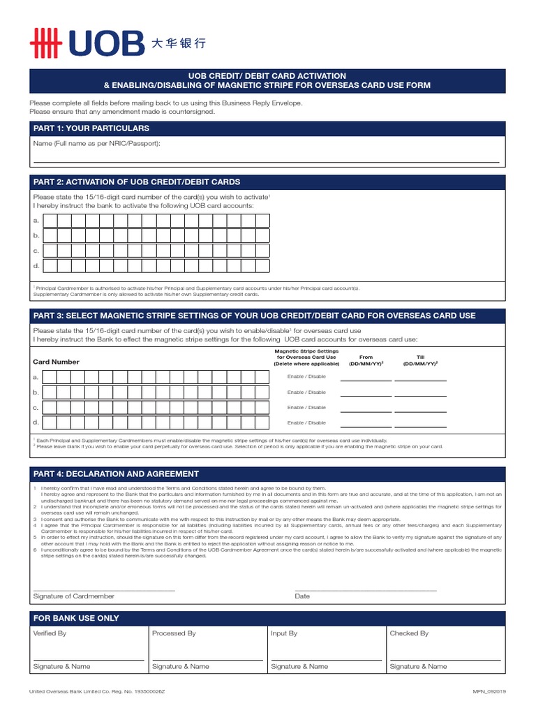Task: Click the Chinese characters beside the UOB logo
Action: pyautogui.click(x=179, y=43)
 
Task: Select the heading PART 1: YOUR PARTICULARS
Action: pyautogui.click(x=91, y=128)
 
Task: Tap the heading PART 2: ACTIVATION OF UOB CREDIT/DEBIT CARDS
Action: pyautogui.click(x=137, y=182)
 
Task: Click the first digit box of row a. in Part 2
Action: pyautogui.click(x=50, y=221)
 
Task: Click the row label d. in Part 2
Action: pyautogui.click(x=36, y=266)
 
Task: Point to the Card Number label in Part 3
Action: pyautogui.click(x=57, y=362)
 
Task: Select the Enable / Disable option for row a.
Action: pyautogui.click(x=306, y=377)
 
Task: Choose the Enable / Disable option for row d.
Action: pyautogui.click(x=306, y=422)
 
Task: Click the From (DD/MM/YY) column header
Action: pyautogui.click(x=366, y=360)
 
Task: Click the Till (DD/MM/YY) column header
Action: pyautogui.click(x=420, y=360)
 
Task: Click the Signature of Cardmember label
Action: pyautogui.click(x=74, y=596)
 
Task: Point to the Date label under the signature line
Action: pyautogui.click(x=302, y=596)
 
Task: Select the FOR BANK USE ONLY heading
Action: pyautogui.click(x=76, y=618)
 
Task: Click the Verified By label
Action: pyautogui.click(x=50, y=633)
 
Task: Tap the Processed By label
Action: pyautogui.click(x=174, y=633)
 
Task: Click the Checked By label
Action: pyautogui.click(x=409, y=633)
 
